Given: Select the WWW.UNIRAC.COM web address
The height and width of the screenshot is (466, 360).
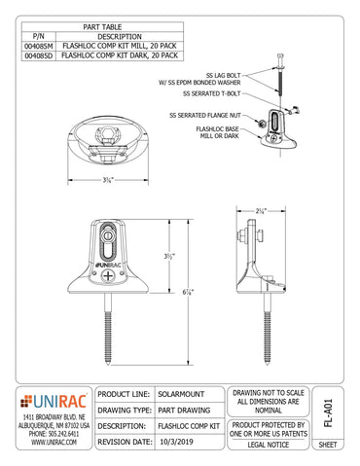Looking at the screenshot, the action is point(48,443).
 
